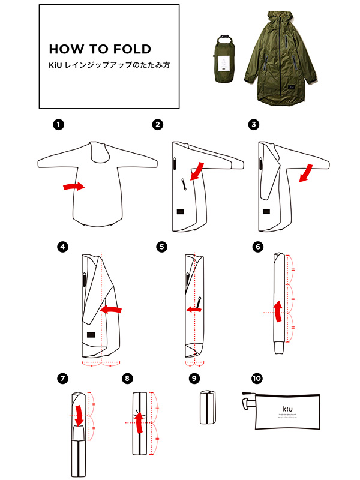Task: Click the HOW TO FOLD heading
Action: coord(100,49)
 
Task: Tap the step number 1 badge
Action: coord(58,125)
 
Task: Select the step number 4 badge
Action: coord(61,247)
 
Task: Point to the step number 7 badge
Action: coord(61,379)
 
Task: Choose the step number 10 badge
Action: coord(257,379)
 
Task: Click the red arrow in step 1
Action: coord(74,188)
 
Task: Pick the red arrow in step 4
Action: coord(112,310)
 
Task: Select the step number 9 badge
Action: coord(193,379)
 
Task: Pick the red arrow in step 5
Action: coord(193,310)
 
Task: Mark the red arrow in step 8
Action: coord(139,421)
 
